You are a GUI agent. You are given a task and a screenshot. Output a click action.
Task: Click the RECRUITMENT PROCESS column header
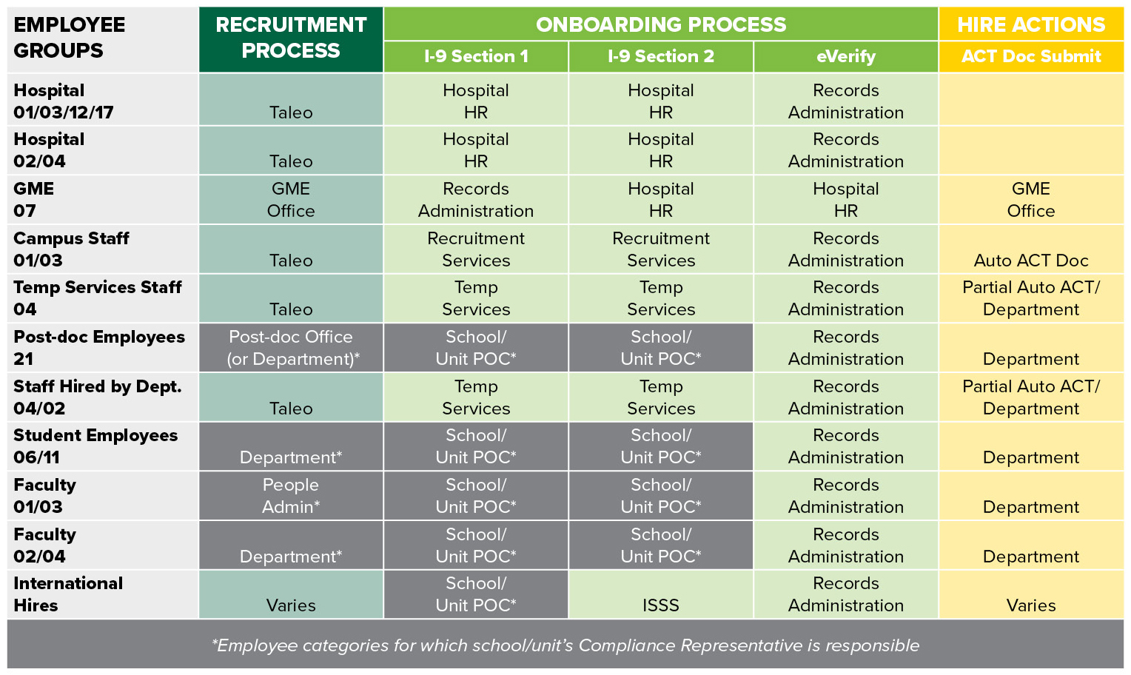click(291, 38)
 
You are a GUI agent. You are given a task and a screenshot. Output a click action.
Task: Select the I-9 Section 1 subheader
click(476, 56)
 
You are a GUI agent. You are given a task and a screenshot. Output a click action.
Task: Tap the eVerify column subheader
click(845, 56)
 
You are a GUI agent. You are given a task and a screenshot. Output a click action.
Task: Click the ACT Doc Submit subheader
click(1030, 56)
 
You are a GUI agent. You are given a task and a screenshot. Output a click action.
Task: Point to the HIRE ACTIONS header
click(1030, 24)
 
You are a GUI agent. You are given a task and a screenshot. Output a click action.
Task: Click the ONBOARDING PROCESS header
click(660, 24)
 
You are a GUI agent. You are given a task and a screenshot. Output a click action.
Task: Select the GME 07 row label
click(34, 200)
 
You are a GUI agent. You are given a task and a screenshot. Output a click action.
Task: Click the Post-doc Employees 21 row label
click(98, 348)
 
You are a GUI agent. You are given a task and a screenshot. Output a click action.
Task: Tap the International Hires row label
click(67, 594)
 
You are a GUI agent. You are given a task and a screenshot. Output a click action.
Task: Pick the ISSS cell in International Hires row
click(660, 605)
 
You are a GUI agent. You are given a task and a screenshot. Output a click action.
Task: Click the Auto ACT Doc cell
click(1030, 260)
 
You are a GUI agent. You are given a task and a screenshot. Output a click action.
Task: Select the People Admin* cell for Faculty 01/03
click(291, 496)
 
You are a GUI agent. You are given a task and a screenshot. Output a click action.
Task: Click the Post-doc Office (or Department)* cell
click(291, 348)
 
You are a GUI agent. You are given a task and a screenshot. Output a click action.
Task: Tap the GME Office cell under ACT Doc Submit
click(1030, 200)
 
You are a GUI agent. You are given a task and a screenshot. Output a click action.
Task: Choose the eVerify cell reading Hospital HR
click(845, 200)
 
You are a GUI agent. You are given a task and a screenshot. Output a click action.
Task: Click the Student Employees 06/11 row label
click(95, 446)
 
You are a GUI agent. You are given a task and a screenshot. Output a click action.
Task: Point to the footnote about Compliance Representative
click(565, 645)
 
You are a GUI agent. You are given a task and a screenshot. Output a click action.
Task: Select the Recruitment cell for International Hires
click(291, 605)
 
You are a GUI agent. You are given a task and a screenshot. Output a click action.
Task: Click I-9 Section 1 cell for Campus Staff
click(476, 249)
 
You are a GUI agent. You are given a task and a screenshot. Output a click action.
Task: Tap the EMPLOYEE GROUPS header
click(69, 38)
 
